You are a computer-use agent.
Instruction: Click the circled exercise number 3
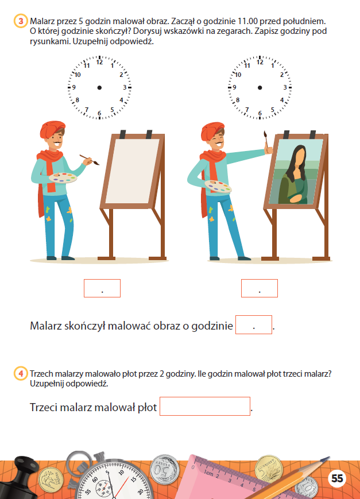[21, 21]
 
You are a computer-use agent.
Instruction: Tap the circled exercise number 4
[21, 373]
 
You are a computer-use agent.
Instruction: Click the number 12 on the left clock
[100, 63]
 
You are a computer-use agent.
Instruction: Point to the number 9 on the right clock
[234, 87]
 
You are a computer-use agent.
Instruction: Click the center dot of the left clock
[99, 87]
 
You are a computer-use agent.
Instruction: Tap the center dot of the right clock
[260, 87]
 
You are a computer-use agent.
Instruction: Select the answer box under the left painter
[102, 288]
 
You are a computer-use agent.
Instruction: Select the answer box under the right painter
[260, 288]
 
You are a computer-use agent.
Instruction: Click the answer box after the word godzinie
[254, 324]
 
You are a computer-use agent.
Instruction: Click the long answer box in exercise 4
[204, 406]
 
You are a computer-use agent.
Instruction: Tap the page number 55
[337, 478]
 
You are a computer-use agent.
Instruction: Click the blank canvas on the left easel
[132, 171]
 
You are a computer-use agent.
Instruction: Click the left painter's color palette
[63, 177]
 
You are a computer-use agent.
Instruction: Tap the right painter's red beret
[212, 130]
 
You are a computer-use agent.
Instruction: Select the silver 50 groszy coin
[164, 469]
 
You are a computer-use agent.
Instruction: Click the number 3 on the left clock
[125, 87]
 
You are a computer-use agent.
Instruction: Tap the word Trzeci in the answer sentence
[44, 407]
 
